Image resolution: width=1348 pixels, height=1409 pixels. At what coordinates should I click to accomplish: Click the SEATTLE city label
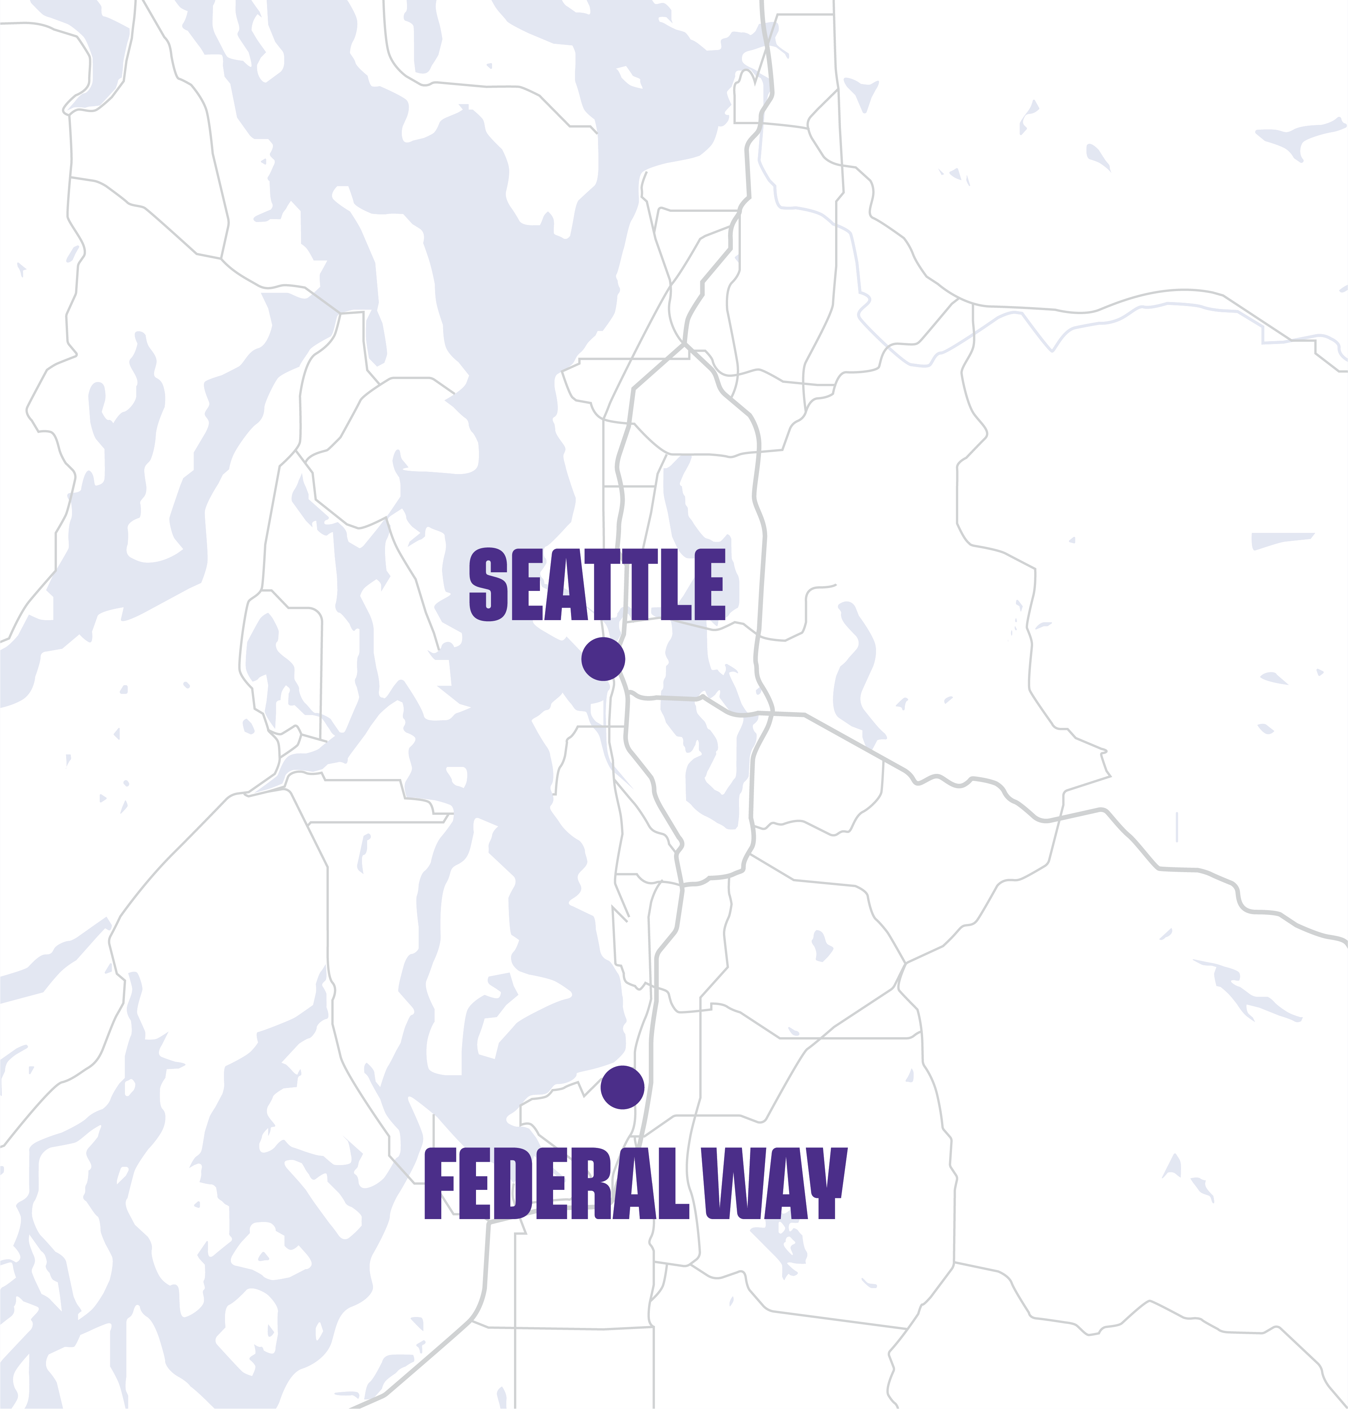click(597, 584)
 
